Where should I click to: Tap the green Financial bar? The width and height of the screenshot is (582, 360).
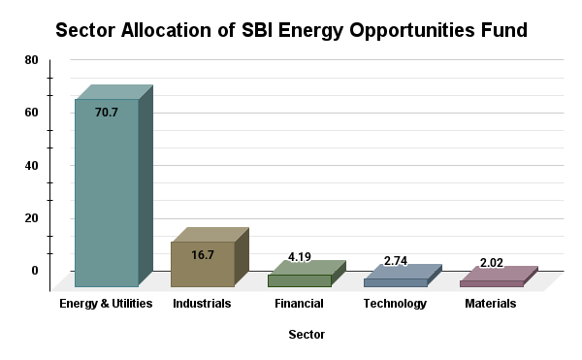click(299, 280)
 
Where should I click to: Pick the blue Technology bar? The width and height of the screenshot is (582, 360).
click(395, 282)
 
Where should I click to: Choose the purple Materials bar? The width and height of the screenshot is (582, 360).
click(491, 283)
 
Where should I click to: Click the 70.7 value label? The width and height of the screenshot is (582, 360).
click(107, 113)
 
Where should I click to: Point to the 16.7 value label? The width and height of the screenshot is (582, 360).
click(202, 255)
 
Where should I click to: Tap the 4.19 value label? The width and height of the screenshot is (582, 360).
click(300, 257)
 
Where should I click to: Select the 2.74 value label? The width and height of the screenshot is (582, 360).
click(396, 261)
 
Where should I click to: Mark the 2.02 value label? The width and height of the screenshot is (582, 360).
click(492, 263)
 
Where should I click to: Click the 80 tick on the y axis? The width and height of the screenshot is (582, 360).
click(31, 60)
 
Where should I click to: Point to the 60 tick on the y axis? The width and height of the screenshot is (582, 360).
click(31, 113)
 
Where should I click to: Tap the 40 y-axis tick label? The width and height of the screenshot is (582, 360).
click(31, 165)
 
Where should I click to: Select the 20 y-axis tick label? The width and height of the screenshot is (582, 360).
click(31, 217)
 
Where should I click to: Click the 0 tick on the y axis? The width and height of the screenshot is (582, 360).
click(34, 270)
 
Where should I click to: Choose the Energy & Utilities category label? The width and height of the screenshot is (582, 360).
click(106, 304)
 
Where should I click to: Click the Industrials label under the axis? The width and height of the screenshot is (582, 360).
click(202, 304)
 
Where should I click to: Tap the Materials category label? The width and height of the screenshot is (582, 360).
click(490, 304)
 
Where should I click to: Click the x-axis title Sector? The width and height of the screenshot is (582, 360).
click(307, 335)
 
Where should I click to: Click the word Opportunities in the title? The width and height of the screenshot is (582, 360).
click(384, 30)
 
